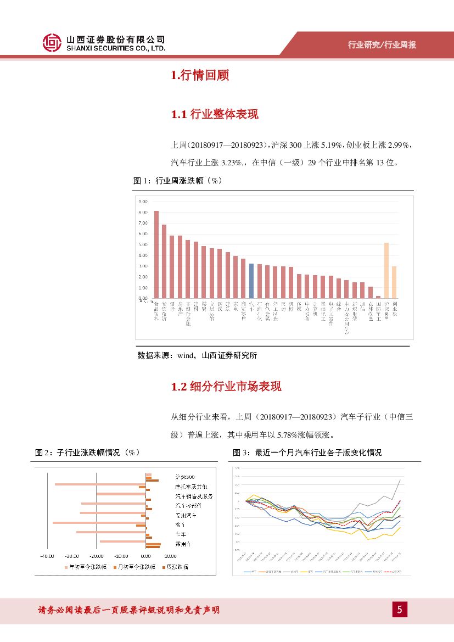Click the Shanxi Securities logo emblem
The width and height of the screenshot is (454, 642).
[52, 43]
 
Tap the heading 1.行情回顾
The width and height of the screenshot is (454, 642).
[200, 76]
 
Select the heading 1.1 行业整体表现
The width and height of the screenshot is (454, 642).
[215, 114]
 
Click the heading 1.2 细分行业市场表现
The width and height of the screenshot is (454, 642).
[226, 387]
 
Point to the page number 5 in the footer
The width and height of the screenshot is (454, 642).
[400, 610]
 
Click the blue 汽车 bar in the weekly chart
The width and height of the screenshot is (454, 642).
[251, 281]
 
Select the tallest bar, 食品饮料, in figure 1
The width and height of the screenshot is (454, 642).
[156, 254]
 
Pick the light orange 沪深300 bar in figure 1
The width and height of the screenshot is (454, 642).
[386, 270]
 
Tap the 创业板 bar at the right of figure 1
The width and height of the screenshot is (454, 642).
[394, 282]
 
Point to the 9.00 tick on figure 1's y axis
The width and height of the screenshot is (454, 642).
[143, 201]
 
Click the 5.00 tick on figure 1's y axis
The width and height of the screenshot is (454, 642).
[143, 244]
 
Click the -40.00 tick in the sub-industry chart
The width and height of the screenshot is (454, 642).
[47, 555]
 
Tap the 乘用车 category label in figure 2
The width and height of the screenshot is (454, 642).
[183, 544]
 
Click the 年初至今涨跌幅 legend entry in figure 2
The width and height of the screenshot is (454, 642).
[84, 567]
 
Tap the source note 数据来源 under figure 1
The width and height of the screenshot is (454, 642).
[197, 355]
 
